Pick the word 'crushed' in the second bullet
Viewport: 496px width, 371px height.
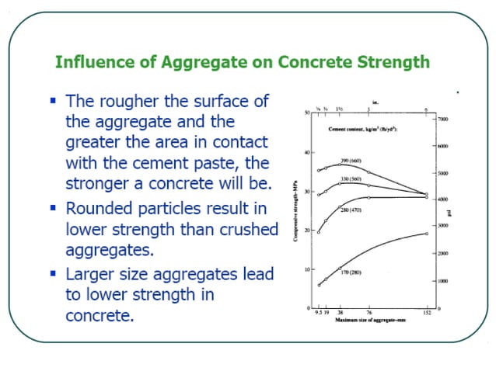tap(245, 229)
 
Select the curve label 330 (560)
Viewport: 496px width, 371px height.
tap(355, 179)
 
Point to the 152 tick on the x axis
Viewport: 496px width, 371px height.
tap(427, 314)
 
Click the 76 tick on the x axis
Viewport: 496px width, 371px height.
tap(369, 314)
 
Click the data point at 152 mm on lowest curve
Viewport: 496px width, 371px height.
tap(427, 234)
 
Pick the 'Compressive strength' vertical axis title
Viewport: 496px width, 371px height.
tap(296, 210)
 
